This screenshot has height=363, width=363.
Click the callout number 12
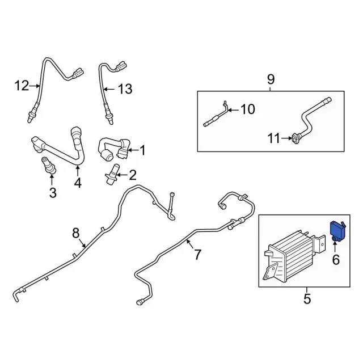coord(21,86)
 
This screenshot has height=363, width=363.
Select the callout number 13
coord(124,88)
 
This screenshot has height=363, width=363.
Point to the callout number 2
coord(133,175)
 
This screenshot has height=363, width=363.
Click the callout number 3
coord(52,193)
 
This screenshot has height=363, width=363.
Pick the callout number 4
coord(77,183)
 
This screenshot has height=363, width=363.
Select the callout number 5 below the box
coord(307,298)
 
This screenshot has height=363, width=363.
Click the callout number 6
coord(335,260)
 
